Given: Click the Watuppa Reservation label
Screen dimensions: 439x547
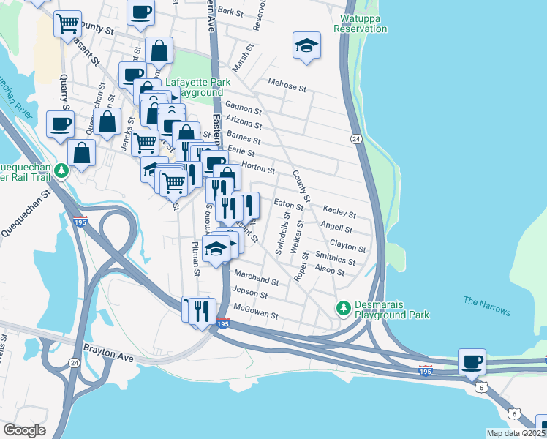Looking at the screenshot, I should point(360,23).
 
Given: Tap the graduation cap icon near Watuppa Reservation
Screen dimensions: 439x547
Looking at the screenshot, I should point(307,45).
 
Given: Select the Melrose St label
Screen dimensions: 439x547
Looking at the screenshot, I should point(287,86).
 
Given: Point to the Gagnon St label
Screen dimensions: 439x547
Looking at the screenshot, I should point(243,109).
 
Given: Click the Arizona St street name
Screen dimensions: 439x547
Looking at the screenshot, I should point(244,124).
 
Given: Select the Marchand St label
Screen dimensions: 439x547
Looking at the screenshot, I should point(256,281).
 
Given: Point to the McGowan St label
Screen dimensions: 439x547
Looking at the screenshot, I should point(254,315).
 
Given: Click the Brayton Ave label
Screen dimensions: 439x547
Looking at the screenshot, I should point(109,353).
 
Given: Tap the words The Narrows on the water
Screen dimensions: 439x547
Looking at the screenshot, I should point(486,306).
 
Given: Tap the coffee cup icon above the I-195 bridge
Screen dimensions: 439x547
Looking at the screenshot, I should point(472,361).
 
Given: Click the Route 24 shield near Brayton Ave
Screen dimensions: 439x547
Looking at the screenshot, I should point(74,361).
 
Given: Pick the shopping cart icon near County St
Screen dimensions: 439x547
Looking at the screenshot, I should point(67,24).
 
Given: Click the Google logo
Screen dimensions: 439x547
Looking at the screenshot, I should point(23,429).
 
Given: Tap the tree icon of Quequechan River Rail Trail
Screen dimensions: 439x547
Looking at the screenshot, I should point(63,170).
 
